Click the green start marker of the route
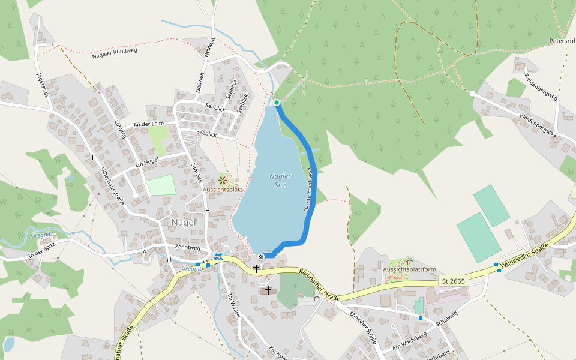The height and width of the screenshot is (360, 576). click(x=277, y=103)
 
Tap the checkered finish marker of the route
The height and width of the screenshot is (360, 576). click(x=261, y=257)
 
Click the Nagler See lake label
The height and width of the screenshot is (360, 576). click(x=280, y=180)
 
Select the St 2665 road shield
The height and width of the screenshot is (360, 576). click(x=454, y=281)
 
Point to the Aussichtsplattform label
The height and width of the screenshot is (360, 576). click(x=410, y=270)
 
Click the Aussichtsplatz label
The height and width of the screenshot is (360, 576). click(x=223, y=190)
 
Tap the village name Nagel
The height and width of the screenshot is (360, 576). click(x=184, y=222)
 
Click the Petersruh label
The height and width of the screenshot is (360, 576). click(x=562, y=41)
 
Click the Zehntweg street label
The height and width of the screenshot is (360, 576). click(x=187, y=247)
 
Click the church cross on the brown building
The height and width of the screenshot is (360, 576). click(x=268, y=290)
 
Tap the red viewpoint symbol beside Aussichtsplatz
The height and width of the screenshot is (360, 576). click(x=223, y=179)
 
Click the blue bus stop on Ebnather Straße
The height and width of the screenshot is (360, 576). click(x=421, y=317)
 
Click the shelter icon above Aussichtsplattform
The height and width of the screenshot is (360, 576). click(x=410, y=262)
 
